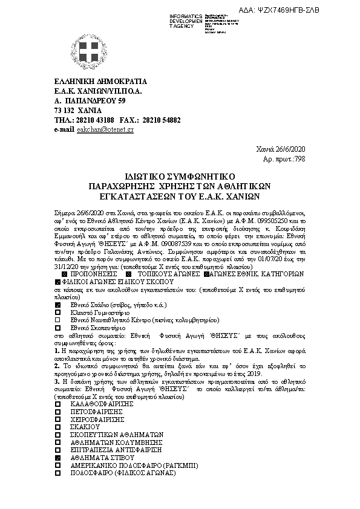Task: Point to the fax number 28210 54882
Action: click(x=162, y=120)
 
